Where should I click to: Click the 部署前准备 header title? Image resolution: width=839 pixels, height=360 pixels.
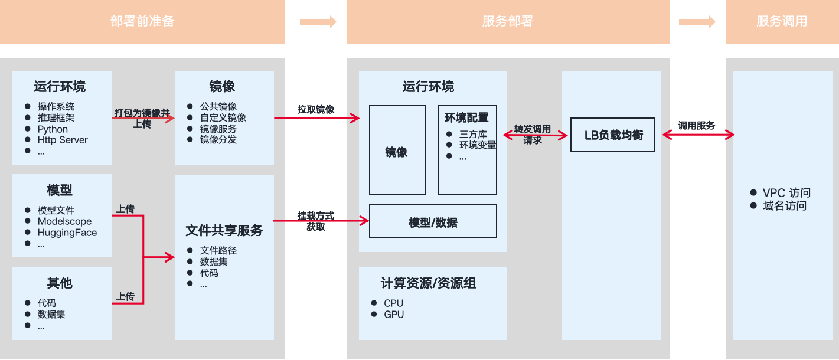[x=142, y=22]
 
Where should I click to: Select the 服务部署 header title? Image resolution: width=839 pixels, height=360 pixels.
[x=508, y=22]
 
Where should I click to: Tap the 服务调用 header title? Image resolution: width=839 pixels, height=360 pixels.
[x=782, y=22]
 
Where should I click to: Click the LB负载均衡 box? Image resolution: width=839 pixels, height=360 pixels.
[x=613, y=135]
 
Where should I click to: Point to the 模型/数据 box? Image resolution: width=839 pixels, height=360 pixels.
[x=433, y=222]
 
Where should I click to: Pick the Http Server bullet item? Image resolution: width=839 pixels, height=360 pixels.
[x=63, y=140]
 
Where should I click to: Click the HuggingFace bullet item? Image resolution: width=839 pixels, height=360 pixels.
[x=67, y=233]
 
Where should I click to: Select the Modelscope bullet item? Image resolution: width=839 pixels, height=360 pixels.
[x=65, y=222]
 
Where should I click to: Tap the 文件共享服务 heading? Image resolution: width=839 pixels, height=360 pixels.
[x=224, y=231]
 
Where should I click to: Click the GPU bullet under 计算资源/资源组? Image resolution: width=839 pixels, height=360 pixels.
[x=394, y=315]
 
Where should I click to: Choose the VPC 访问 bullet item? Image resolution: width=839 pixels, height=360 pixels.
[x=786, y=193]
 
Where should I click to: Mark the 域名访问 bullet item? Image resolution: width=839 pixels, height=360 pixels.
[x=785, y=206]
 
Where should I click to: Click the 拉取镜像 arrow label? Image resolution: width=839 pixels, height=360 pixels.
[x=316, y=110]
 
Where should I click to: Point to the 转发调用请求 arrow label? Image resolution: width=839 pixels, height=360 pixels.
[x=533, y=135]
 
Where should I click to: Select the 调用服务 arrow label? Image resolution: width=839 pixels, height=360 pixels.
[x=697, y=126]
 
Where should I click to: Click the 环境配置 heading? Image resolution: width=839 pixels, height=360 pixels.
[x=466, y=117]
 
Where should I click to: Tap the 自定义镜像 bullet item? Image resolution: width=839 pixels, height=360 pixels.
[x=223, y=118]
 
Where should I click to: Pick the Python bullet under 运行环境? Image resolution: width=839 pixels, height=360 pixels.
[x=53, y=129]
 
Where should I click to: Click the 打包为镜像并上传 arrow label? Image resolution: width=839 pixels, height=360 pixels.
[x=142, y=118]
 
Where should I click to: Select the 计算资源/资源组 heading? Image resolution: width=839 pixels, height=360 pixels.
[x=429, y=284]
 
